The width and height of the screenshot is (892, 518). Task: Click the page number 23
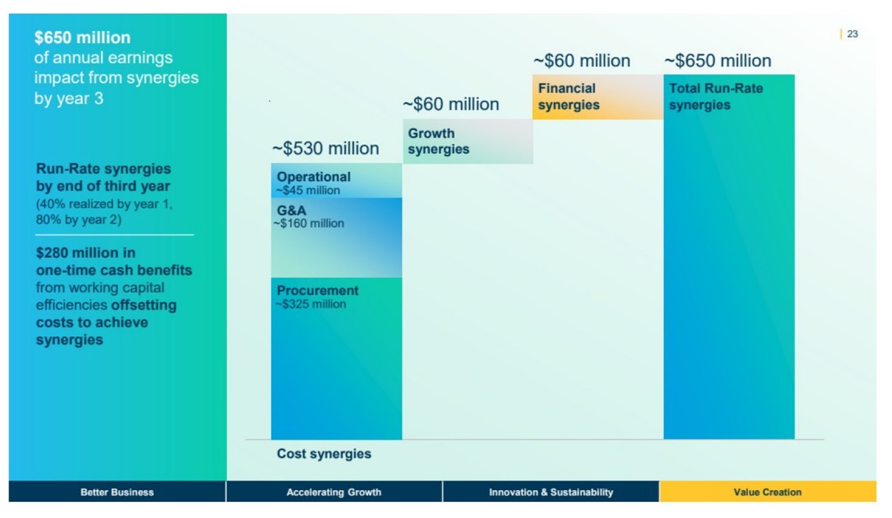click(852, 34)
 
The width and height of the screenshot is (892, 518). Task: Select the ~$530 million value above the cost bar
click(325, 149)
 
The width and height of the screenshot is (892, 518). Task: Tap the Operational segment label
click(314, 177)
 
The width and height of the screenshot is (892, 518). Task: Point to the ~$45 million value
click(308, 191)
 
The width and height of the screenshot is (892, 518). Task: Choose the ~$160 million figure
click(309, 224)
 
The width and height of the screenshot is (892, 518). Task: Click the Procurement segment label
click(318, 291)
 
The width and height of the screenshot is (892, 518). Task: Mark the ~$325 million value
click(311, 305)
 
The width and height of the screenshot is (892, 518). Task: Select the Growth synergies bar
click(468, 141)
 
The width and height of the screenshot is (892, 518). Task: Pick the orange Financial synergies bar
click(597, 97)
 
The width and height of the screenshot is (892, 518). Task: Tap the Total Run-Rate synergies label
click(716, 97)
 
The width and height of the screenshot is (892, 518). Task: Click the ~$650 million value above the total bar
click(717, 61)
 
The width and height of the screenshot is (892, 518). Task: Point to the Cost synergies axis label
click(324, 454)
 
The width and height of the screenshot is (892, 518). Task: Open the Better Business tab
click(117, 492)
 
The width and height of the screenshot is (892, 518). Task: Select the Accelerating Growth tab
click(334, 492)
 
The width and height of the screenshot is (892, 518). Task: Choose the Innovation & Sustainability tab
click(550, 492)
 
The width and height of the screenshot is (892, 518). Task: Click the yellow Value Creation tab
click(767, 492)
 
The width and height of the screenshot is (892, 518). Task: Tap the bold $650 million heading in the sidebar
click(82, 38)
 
